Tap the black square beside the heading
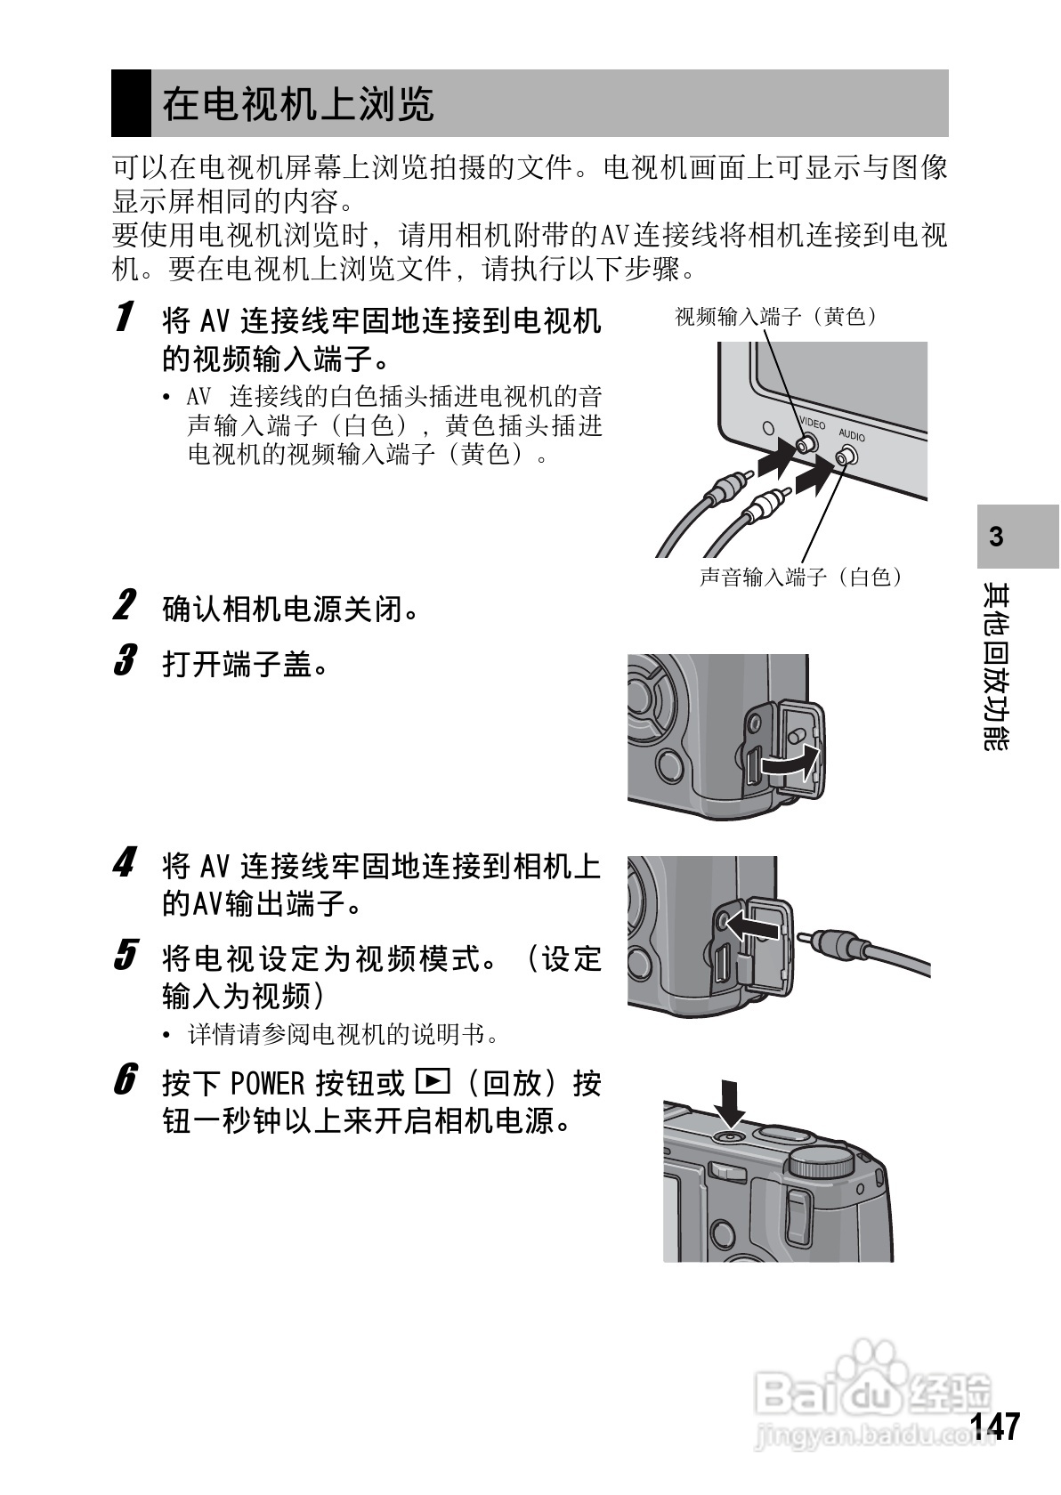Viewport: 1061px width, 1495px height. [x=131, y=103]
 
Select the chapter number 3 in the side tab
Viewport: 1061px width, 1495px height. [x=997, y=537]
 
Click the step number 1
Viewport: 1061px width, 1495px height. [x=126, y=317]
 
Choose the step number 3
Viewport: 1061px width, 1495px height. [x=126, y=661]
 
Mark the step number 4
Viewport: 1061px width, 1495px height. [x=126, y=862]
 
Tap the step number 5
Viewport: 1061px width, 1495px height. [x=126, y=956]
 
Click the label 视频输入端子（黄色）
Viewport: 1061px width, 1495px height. [x=776, y=317]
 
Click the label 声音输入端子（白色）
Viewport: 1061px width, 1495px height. [x=801, y=578]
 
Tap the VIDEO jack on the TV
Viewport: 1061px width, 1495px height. [x=807, y=443]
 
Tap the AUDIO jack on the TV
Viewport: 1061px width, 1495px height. [x=845, y=457]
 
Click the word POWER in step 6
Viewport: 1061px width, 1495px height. [x=267, y=1083]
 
